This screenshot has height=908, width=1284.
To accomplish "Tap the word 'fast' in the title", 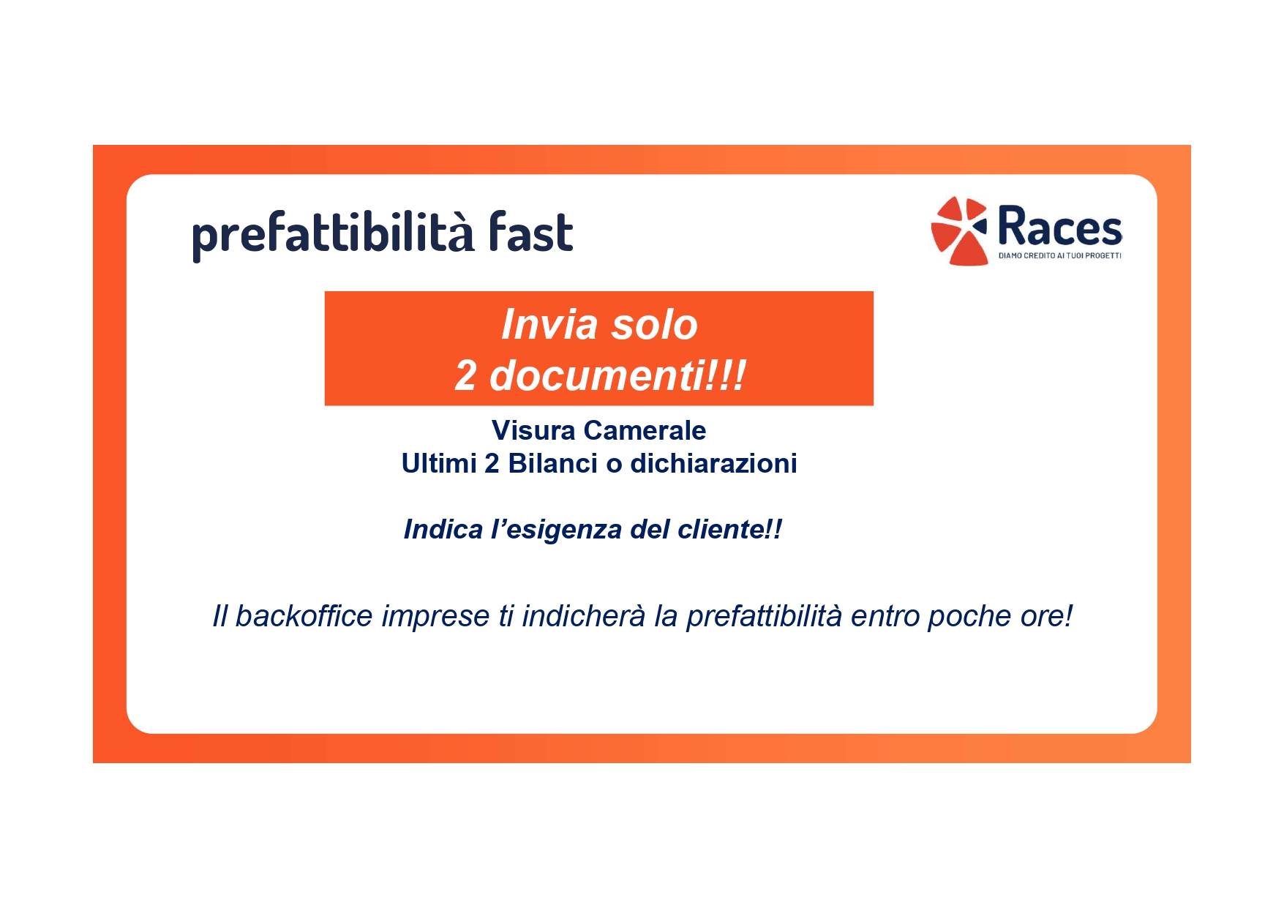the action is pyautogui.click(x=531, y=231).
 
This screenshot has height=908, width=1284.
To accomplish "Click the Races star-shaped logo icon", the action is pyautogui.click(x=958, y=230).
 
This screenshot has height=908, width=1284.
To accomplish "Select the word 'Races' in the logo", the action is pyautogui.click(x=1059, y=226).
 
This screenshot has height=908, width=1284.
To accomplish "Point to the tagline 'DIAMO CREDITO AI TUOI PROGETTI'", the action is pyautogui.click(x=1059, y=256).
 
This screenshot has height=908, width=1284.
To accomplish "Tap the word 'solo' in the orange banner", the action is pyautogui.click(x=654, y=325).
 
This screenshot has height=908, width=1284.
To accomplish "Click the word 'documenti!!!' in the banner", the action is pyautogui.click(x=617, y=375).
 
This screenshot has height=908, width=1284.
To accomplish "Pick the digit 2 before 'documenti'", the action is pyautogui.click(x=465, y=376).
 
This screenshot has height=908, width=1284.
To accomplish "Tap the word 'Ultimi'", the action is pyautogui.click(x=439, y=463).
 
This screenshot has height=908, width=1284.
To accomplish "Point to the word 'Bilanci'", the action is pyautogui.click(x=552, y=463).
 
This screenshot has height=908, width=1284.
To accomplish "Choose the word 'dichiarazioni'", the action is pyautogui.click(x=713, y=463).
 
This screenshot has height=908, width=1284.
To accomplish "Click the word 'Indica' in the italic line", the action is pyautogui.click(x=443, y=529).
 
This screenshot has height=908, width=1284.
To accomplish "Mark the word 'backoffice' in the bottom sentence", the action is pyautogui.click(x=304, y=616).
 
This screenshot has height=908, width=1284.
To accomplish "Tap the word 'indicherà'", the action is pyautogui.click(x=584, y=616).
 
